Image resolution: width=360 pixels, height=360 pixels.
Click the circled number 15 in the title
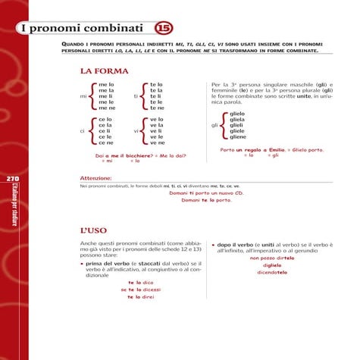tap(163, 29)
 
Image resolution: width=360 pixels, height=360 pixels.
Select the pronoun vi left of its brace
tap(136, 130)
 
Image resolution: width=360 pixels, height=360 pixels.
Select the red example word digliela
tap(272, 266)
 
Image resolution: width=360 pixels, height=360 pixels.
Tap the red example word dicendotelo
tap(272, 274)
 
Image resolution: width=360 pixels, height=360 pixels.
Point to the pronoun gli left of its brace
tap(214, 125)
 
